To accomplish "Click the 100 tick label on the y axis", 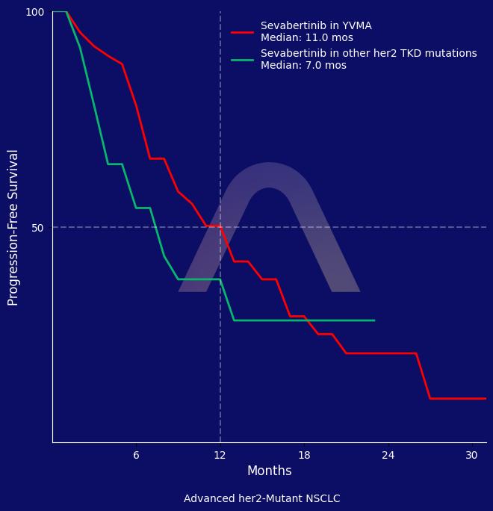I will (x=34, y=12).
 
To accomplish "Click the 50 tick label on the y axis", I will (x=37, y=228).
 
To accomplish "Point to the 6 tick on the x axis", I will (x=136, y=455).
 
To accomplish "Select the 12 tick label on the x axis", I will (x=220, y=455).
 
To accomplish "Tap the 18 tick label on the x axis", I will (x=304, y=455).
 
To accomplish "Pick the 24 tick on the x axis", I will (x=388, y=455).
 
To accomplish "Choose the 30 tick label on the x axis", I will (x=471, y=455).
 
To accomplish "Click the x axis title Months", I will (x=269, y=471).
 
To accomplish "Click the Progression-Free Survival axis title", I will (x=13, y=227).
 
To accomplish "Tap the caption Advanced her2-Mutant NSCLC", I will (x=261, y=499).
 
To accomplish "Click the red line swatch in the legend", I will (x=243, y=32).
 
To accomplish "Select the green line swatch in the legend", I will (x=243, y=60).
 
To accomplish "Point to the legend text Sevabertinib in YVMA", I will (x=316, y=26).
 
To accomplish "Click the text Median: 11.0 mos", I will (x=307, y=38).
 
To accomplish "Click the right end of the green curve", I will (x=374, y=320).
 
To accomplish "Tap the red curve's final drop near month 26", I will (x=423, y=376).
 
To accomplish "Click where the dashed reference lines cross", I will (x=220, y=227).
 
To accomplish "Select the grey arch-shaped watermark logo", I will (x=269, y=224).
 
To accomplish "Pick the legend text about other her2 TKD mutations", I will (x=368, y=54).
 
